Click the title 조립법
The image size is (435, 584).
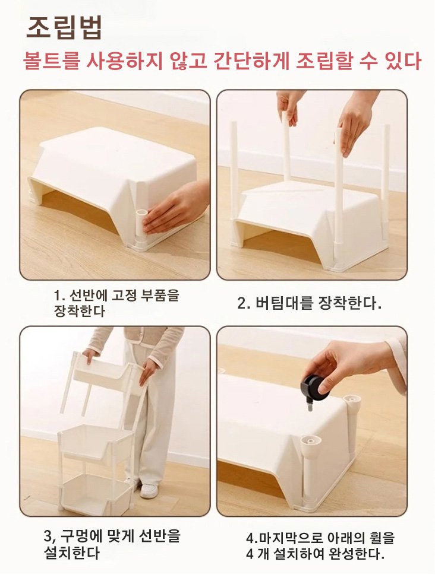65,27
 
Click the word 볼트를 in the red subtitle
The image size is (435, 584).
51,61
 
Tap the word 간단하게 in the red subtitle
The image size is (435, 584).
251,61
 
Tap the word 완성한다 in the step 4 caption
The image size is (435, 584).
357,554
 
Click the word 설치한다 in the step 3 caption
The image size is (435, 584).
72,553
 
